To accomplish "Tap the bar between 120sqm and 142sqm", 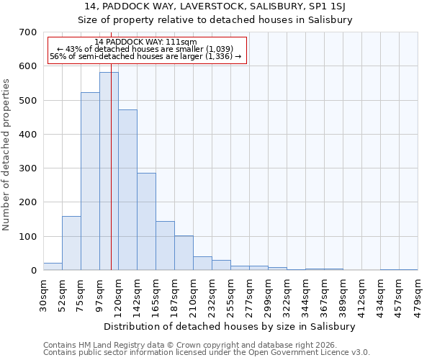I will (127, 190).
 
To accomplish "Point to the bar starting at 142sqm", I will (146, 222).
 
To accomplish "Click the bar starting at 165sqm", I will (165, 246).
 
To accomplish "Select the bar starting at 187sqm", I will (184, 253).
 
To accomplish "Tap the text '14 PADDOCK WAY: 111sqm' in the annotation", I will (145, 42).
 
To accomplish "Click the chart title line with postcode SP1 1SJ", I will (215, 6).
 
